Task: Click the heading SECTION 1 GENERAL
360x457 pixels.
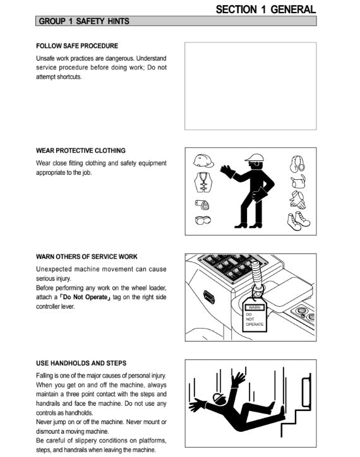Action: point(265,9)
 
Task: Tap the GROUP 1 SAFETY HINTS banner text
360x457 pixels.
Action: point(84,21)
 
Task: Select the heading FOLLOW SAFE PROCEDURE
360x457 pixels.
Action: point(77,45)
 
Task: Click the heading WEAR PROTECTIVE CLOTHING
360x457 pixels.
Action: point(81,150)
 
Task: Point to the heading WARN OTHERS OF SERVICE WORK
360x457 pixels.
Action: point(87,256)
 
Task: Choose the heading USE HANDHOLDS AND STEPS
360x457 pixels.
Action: point(81,363)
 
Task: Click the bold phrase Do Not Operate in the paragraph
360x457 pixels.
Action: point(85,297)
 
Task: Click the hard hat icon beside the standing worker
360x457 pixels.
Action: point(203,160)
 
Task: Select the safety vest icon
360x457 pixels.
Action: point(203,182)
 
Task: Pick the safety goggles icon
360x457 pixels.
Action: point(203,220)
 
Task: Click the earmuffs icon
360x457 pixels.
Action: point(297,163)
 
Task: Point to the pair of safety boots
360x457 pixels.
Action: point(298,221)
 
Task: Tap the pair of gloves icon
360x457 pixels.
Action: point(297,200)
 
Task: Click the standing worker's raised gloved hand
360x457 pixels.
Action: point(227,172)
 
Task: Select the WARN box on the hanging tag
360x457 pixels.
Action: point(255,307)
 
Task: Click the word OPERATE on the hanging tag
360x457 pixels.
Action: point(255,324)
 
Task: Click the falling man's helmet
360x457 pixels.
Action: point(219,398)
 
